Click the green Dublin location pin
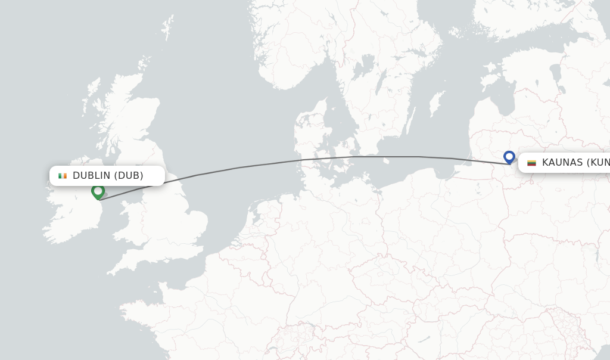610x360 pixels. coord(98,191)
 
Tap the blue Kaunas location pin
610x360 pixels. coord(509,157)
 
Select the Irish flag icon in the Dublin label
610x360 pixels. coord(63,176)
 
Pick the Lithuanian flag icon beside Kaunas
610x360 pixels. coord(531,163)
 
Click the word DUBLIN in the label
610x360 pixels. coord(91,176)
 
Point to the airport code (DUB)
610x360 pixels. coord(129,176)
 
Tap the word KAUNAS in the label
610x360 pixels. coord(562,163)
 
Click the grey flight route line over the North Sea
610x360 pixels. coord(238,168)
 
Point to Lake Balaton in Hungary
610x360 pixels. coord(424,339)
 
